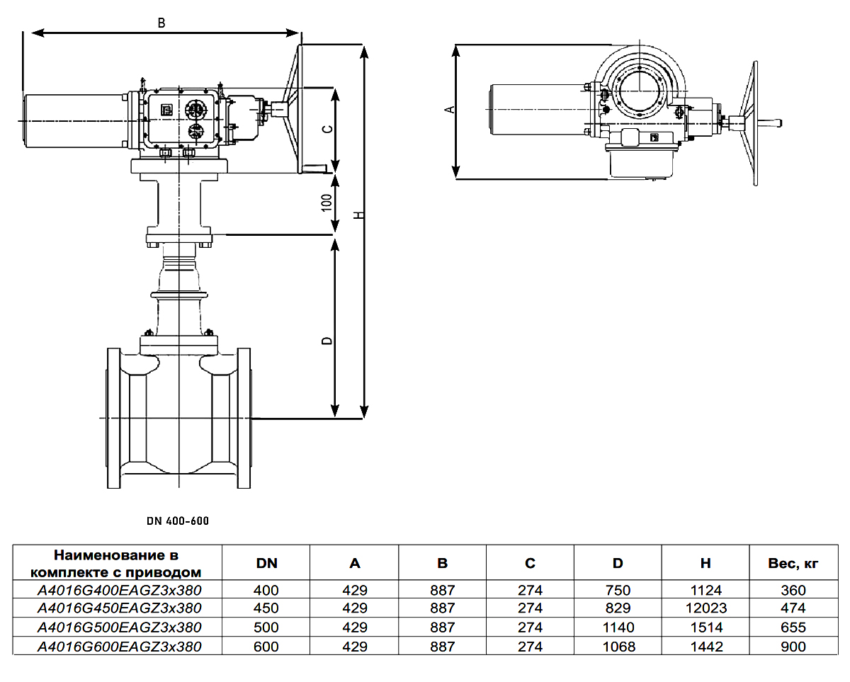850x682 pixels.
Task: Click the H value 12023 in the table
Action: coord(705,608)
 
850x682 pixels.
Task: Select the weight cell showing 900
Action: coord(793,647)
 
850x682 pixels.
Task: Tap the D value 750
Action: coord(618,590)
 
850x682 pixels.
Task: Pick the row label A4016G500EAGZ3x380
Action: coord(119,627)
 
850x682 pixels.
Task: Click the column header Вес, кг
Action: coord(793,564)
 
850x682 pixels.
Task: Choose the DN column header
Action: coord(267,564)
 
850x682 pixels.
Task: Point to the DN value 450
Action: coord(267,608)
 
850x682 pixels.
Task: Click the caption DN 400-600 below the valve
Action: coord(178,521)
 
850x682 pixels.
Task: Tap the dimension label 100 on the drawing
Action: coord(327,203)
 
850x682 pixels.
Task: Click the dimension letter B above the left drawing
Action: coord(161,23)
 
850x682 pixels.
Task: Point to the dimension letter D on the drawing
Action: coord(327,341)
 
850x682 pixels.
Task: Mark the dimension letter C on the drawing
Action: coord(327,129)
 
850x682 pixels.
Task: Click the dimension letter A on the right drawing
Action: coord(448,109)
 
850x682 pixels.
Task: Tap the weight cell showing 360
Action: coord(793,590)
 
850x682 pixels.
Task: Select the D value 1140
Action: coord(618,627)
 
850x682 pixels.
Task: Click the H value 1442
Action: coord(705,647)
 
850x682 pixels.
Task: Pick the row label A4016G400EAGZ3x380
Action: coord(119,590)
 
